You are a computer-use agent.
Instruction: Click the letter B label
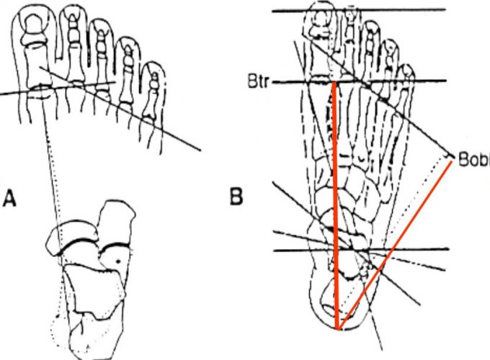coord(236,197)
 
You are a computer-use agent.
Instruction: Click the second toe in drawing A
coord(74,40)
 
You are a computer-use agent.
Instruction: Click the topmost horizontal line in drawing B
coord(360,10)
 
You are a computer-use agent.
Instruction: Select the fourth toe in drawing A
coord(128,65)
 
